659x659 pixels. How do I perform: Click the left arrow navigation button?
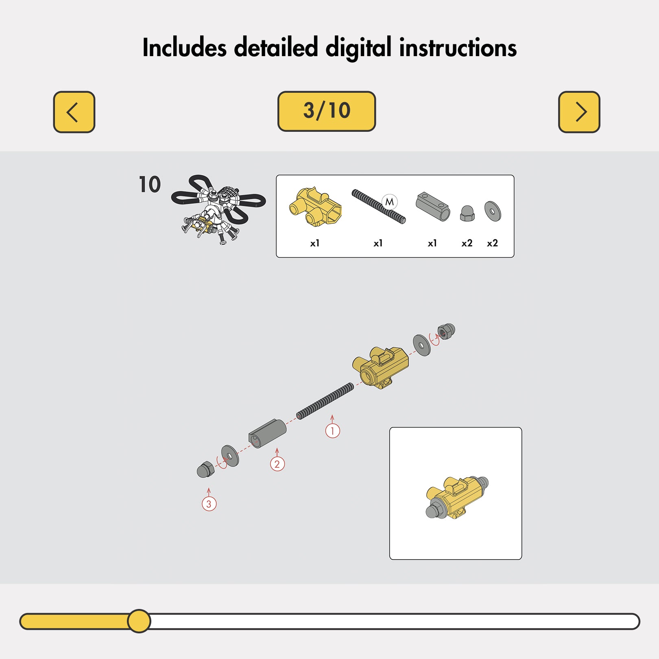pyautogui.click(x=74, y=112)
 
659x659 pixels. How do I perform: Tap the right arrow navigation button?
pyautogui.click(x=579, y=112)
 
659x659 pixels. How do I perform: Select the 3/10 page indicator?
pyautogui.click(x=327, y=111)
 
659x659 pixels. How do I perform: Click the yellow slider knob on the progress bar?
pyautogui.click(x=139, y=621)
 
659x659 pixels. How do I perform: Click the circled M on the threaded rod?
pyautogui.click(x=390, y=202)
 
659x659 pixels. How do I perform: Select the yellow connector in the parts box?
pyautogui.click(x=315, y=207)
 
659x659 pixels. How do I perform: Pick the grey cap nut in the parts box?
pyautogui.click(x=467, y=213)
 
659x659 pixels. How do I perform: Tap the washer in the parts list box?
pyautogui.click(x=493, y=212)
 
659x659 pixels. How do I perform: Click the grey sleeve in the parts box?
pyautogui.click(x=433, y=206)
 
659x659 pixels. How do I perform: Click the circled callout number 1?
pyautogui.click(x=332, y=431)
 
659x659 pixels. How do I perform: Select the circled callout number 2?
pyautogui.click(x=277, y=464)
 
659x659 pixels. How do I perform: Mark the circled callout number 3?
pyautogui.click(x=209, y=504)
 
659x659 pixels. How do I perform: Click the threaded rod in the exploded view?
pyautogui.click(x=325, y=401)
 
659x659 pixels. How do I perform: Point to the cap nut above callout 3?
pyautogui.click(x=205, y=469)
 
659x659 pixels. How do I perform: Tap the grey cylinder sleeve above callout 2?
pyautogui.click(x=267, y=434)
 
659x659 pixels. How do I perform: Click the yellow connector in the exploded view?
pyautogui.click(x=380, y=367)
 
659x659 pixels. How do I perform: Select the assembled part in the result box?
pyautogui.click(x=457, y=498)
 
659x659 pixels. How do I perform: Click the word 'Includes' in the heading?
pyautogui.click(x=184, y=48)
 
